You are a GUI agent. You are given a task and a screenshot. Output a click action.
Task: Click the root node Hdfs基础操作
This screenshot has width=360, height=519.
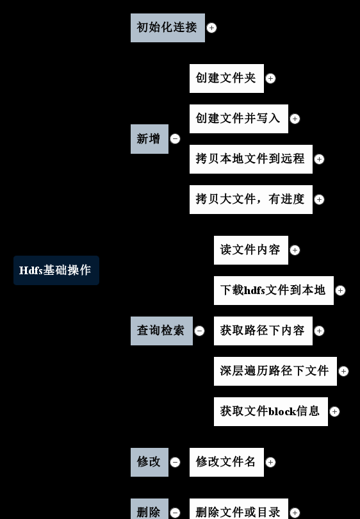56,270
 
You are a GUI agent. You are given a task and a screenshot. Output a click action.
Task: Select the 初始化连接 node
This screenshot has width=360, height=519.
168,28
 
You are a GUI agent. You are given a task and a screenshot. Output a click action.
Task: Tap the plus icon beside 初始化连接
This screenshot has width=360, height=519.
211,28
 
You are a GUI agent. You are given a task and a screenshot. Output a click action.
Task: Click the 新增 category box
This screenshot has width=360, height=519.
149,139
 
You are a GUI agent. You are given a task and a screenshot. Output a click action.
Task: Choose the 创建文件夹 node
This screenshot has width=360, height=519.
227,78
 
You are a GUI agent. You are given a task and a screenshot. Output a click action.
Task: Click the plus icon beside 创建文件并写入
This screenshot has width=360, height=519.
295,119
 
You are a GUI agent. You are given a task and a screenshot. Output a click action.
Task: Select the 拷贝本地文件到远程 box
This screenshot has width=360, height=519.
251,159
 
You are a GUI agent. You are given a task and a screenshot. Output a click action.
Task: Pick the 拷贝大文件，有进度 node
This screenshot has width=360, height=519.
251,199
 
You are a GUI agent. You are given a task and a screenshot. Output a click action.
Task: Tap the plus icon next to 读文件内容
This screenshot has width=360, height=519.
295,251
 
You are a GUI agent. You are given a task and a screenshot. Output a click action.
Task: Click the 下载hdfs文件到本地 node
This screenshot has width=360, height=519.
274,291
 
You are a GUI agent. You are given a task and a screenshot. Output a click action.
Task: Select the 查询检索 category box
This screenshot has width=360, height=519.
161,331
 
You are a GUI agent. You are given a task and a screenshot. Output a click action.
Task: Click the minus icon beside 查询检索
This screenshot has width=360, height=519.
199,331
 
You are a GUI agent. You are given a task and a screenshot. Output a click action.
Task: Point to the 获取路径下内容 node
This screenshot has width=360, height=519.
263,331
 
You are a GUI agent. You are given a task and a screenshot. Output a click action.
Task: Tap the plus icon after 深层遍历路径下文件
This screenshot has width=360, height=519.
343,372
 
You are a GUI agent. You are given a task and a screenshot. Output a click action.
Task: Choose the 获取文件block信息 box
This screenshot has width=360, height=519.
271,412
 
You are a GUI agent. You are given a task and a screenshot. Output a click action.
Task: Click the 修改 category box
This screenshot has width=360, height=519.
149,463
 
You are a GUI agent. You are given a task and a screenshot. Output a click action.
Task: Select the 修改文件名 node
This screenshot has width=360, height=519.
227,463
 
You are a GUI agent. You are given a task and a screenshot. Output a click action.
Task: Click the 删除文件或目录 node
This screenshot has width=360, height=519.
239,509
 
